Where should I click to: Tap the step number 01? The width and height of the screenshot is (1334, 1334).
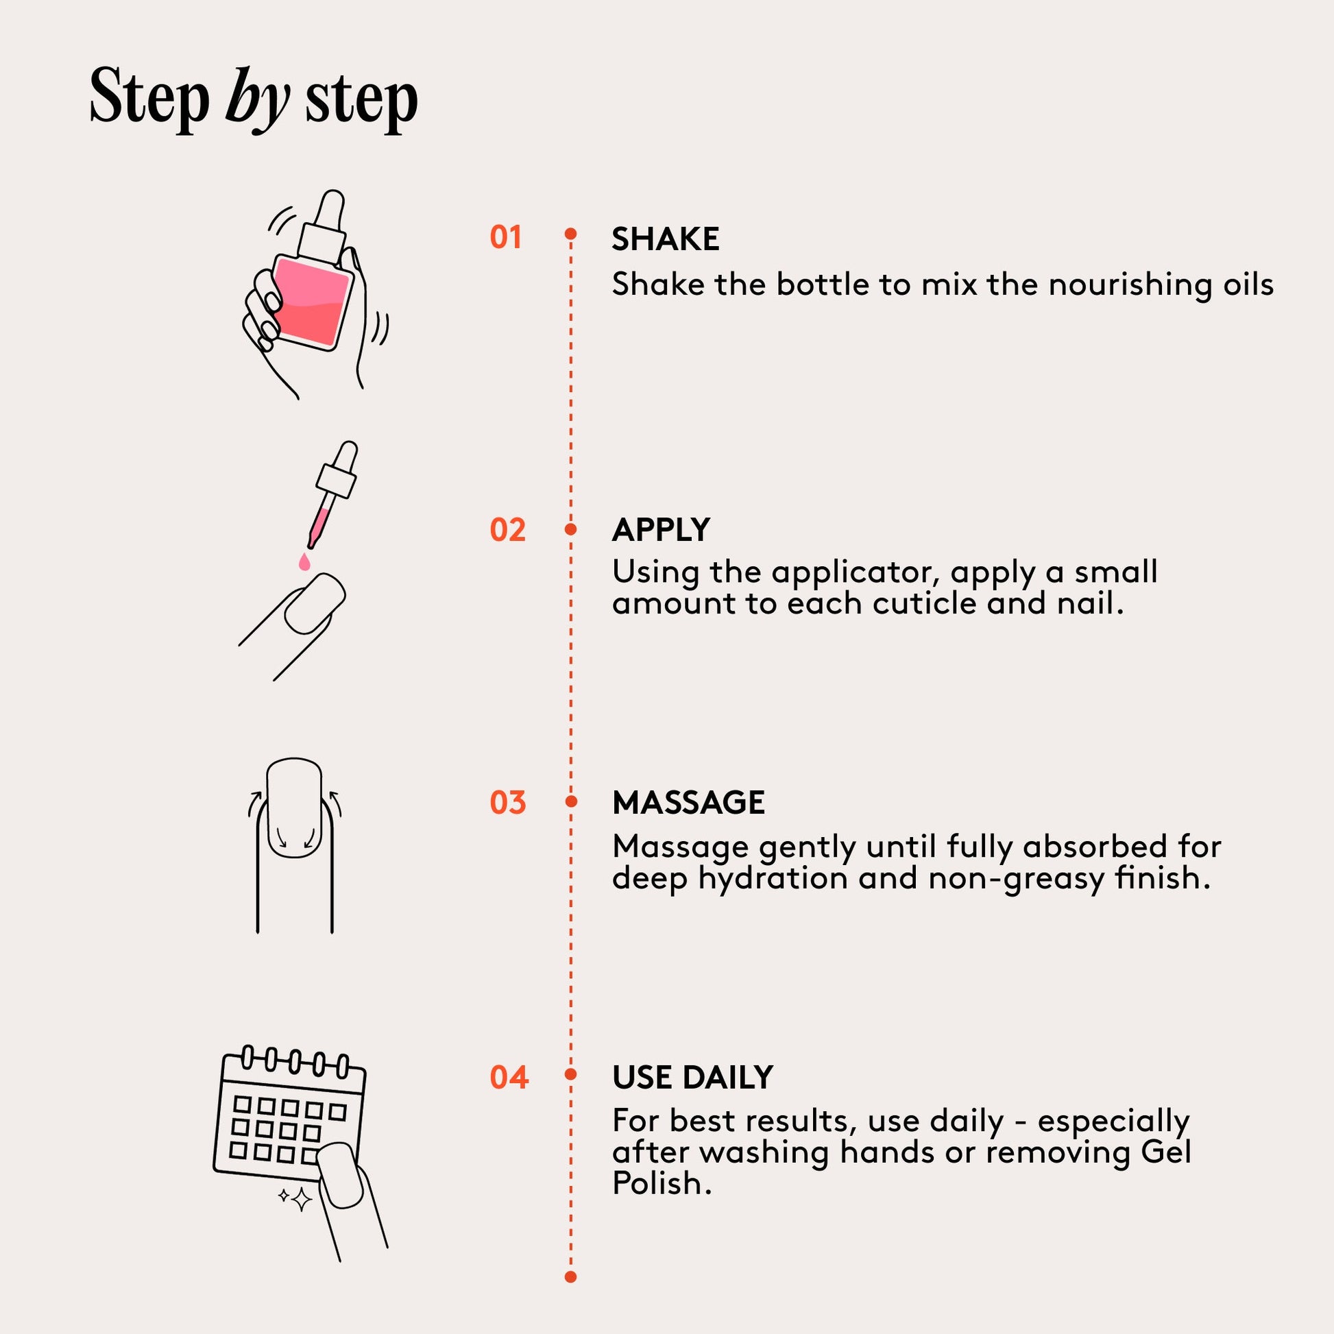click(x=505, y=237)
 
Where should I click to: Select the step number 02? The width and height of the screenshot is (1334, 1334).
click(x=507, y=531)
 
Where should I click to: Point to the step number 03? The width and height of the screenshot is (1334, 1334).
click(x=507, y=803)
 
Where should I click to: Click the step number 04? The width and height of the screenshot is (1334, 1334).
click(x=509, y=1077)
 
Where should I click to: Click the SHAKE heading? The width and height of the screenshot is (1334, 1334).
click(x=666, y=240)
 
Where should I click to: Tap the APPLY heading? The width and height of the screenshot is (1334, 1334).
click(x=661, y=531)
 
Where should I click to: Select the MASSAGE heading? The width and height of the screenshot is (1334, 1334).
click(x=688, y=803)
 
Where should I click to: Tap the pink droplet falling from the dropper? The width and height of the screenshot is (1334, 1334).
click(x=304, y=561)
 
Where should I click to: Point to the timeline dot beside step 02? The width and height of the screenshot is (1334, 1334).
click(x=570, y=530)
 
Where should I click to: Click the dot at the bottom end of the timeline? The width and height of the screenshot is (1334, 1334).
click(x=570, y=1277)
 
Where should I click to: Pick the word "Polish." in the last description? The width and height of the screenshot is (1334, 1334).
click(x=662, y=1184)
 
